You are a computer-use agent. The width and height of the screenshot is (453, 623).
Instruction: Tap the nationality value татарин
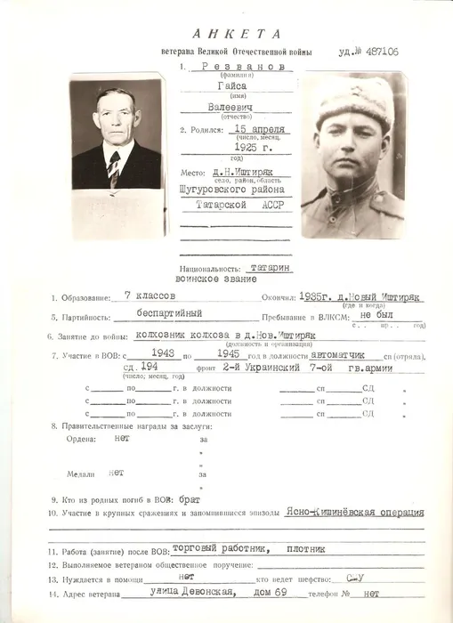268,266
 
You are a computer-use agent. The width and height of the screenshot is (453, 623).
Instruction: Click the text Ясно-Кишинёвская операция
355,513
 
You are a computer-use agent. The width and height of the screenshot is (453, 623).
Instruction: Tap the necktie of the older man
114,169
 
